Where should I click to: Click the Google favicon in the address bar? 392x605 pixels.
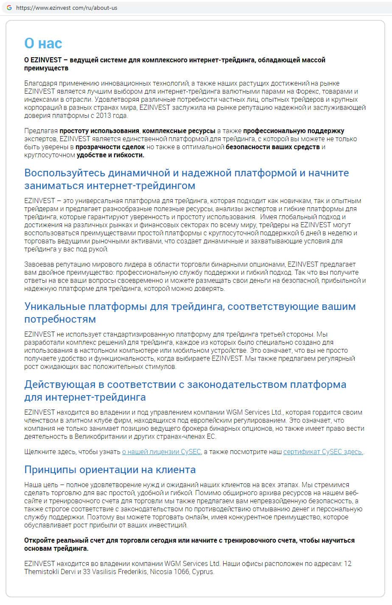9,8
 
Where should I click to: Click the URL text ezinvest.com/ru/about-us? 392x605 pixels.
67,8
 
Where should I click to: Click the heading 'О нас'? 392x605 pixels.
43,43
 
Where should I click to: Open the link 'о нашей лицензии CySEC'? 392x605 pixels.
161,452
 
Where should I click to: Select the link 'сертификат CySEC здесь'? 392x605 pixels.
323,452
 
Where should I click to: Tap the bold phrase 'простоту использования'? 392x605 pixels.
99,131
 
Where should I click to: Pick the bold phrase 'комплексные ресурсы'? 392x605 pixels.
179,131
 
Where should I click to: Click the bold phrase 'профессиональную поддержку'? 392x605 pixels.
294,131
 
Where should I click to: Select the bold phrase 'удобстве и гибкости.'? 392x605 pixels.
110,155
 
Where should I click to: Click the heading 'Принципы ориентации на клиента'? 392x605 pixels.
110,470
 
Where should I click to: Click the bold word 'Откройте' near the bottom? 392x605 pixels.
40,541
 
